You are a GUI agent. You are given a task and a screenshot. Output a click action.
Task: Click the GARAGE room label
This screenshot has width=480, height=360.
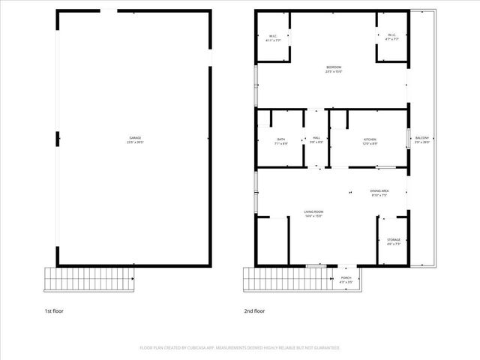pos(135,138)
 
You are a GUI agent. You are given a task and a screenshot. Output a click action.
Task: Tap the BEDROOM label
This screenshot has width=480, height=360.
pos(333,67)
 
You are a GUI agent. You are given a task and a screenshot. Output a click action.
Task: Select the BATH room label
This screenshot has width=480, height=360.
pos(280,139)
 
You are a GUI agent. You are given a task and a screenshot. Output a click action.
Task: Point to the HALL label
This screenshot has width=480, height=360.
pos(316,139)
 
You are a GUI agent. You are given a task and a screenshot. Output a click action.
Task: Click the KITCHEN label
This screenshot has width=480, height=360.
pos(370,139)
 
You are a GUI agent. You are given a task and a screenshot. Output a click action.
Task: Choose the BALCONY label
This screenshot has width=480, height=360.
pos(421,139)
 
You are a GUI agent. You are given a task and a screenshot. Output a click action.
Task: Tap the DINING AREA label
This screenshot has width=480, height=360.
pos(379,191)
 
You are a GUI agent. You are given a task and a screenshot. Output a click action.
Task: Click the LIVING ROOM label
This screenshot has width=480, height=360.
pos(313,212)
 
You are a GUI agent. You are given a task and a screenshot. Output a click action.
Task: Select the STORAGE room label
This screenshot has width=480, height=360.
pos(394,240)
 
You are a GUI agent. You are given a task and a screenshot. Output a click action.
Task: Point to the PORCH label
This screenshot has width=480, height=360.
pos(346,277)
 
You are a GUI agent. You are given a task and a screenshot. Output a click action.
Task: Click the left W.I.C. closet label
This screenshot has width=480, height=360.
pos(274,36)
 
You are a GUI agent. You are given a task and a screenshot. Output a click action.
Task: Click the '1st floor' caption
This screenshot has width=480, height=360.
pos(53,310)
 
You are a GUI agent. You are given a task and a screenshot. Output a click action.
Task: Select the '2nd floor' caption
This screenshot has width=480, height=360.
pos(254,310)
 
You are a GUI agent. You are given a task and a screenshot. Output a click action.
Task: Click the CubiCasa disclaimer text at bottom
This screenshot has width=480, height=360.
pos(240,348)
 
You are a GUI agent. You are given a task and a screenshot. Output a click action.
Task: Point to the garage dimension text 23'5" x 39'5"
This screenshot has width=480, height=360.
pos(135,142)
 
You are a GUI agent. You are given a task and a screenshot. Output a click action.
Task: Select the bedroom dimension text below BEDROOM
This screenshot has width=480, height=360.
pos(333,72)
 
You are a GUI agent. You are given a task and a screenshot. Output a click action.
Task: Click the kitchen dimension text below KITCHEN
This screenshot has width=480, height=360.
pos(370,143)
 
